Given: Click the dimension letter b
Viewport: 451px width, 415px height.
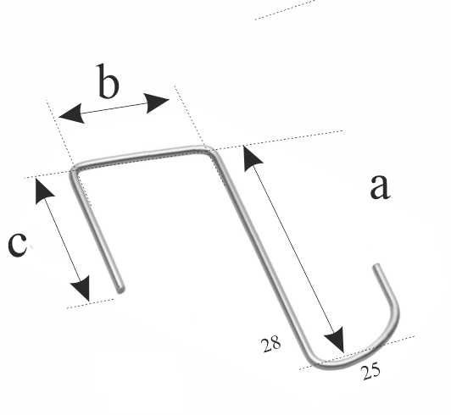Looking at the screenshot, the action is [x=108, y=80].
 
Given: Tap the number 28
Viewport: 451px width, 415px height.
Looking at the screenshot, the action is [x=270, y=344].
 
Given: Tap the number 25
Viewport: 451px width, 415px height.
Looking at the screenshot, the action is [x=370, y=372].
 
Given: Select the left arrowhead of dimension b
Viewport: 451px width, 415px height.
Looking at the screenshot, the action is [x=71, y=114].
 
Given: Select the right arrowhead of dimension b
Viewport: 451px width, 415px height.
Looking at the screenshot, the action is [x=157, y=102].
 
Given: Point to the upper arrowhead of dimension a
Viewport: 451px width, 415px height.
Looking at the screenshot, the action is [x=251, y=158].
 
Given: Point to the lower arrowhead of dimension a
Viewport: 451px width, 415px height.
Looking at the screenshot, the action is [x=336, y=340].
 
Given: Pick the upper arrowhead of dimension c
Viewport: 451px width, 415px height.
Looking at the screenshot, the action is [x=43, y=191].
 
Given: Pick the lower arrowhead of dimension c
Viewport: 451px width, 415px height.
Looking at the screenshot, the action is [x=81, y=289].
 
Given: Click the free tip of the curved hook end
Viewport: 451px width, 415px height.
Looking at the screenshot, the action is [x=376, y=267].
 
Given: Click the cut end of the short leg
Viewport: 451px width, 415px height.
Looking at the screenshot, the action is [x=120, y=290].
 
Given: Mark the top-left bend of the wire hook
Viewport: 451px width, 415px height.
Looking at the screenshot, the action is [x=74, y=170].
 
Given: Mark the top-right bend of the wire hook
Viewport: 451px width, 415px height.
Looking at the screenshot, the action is [x=209, y=151].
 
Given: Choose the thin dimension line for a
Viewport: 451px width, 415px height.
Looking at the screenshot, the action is [x=293, y=249].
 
